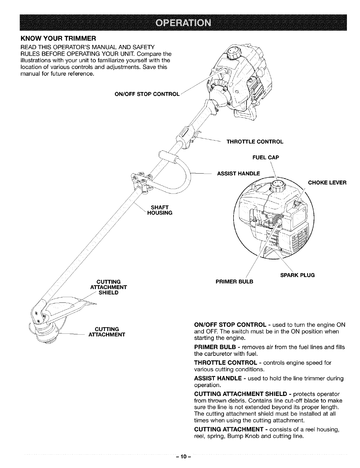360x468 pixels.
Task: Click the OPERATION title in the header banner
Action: (x=180, y=23)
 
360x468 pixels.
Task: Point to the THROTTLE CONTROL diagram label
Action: (x=255, y=141)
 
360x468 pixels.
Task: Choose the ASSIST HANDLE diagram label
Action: (x=238, y=173)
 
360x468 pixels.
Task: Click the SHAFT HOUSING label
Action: (x=160, y=210)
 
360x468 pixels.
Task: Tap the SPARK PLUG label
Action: (x=297, y=275)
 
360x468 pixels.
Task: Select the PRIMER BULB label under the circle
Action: (x=234, y=281)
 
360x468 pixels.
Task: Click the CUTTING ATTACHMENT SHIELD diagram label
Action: (x=108, y=287)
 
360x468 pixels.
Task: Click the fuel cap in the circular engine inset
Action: (x=277, y=186)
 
